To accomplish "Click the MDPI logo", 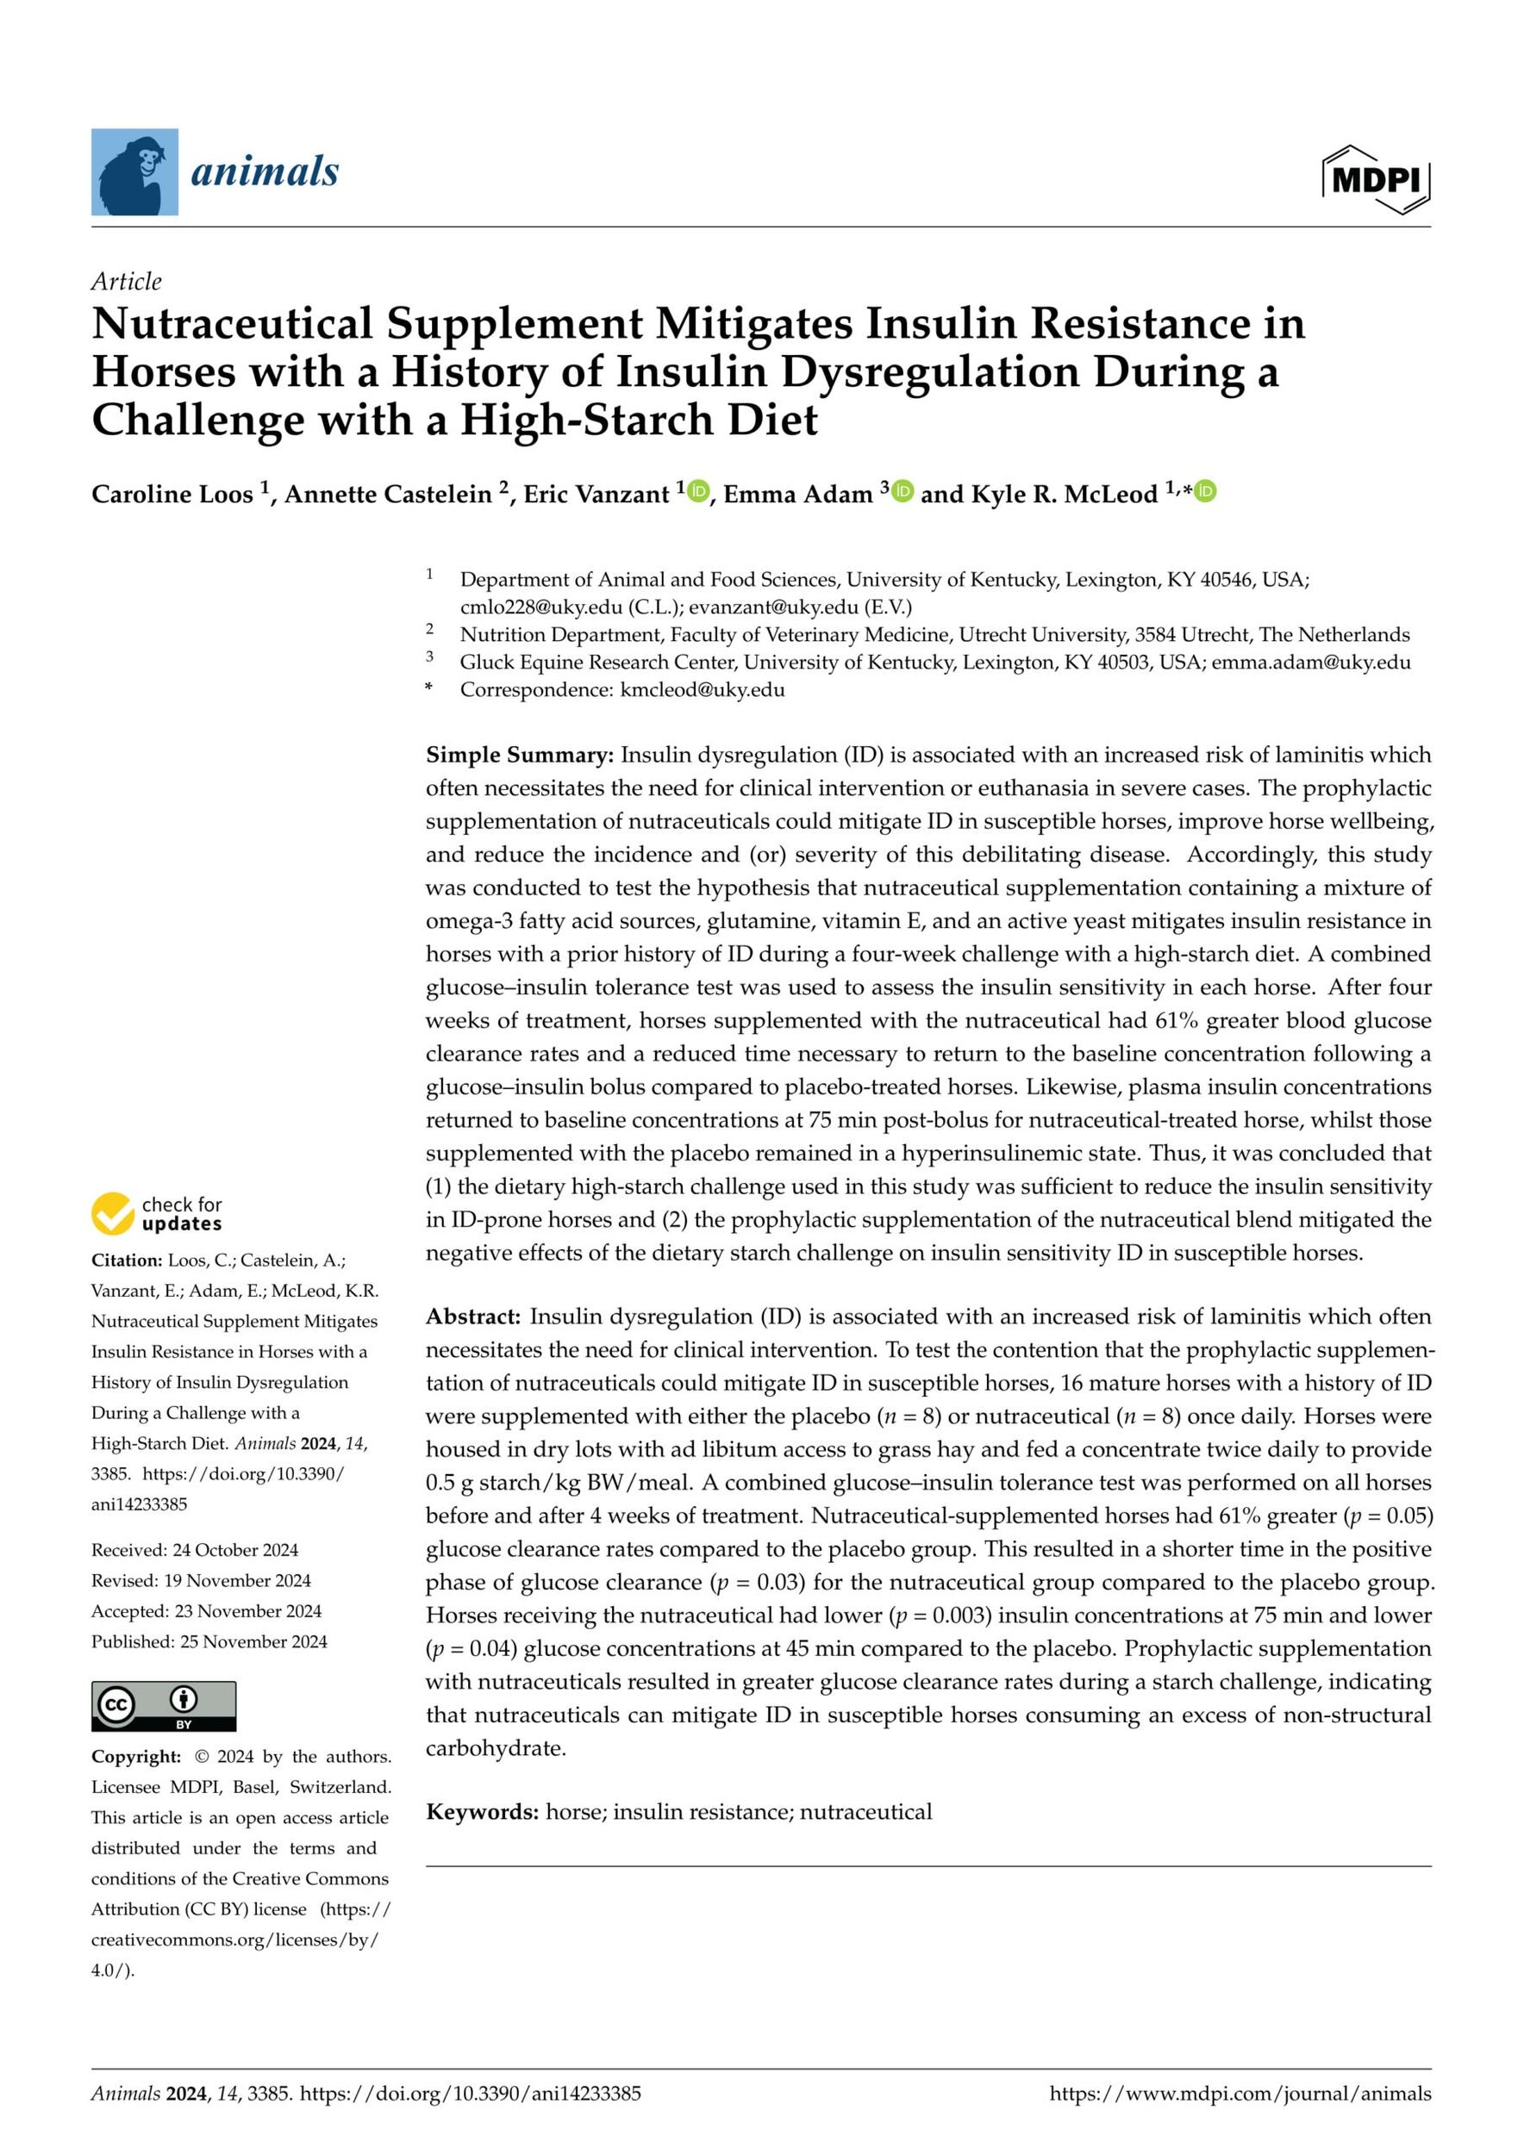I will tap(1376, 178).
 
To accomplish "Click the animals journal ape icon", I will tap(134, 172).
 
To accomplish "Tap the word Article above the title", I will tap(126, 282).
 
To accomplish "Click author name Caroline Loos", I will tap(172, 495).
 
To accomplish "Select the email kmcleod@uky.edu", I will tap(702, 689).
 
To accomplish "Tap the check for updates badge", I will tap(158, 1213).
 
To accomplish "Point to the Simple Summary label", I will tap(519, 756).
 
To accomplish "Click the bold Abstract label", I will tap(473, 1317).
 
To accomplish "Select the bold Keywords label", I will tap(481, 1812).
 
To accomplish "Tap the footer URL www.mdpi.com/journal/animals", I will tap(1240, 2093).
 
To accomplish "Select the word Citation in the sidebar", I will tap(126, 1260).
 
